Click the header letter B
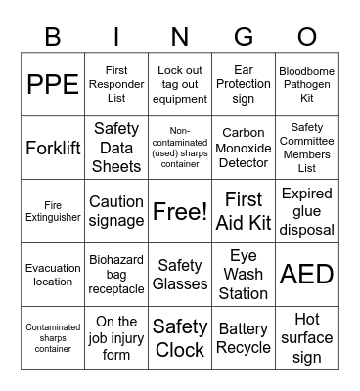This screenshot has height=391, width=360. (x=53, y=36)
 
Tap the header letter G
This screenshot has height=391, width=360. (x=244, y=36)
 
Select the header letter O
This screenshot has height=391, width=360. (x=307, y=36)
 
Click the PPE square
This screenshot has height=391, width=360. (x=53, y=84)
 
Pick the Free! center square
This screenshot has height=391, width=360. (x=180, y=211)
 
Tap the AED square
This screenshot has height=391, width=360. (x=307, y=274)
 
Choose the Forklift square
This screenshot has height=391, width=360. (x=53, y=149)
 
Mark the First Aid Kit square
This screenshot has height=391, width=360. (x=244, y=211)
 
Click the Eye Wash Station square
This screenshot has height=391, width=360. (x=244, y=274)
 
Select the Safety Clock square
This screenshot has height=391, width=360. (x=180, y=337)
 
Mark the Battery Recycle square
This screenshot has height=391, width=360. (x=244, y=337)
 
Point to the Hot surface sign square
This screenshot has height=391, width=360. (x=307, y=337)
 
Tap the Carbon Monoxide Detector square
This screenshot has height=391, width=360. (x=244, y=149)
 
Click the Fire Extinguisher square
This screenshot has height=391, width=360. (x=53, y=211)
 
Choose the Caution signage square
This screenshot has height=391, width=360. (x=116, y=211)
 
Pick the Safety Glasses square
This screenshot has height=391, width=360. (x=180, y=274)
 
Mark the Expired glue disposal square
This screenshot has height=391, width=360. (x=307, y=211)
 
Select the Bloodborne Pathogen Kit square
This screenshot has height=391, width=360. (x=307, y=84)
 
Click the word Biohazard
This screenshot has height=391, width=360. (x=116, y=260)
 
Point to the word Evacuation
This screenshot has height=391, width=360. (x=53, y=268)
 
